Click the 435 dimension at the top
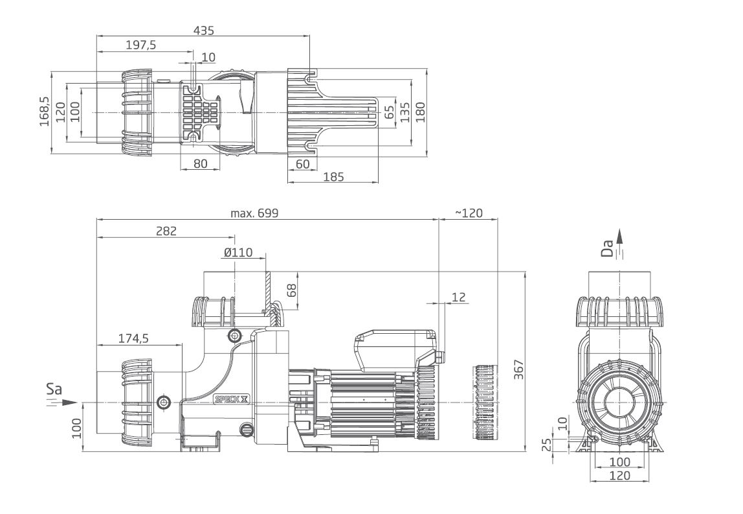[203, 30]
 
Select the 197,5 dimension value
[140, 45]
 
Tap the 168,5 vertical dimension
[45, 111]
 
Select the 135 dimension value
[405, 111]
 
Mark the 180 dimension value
[421, 111]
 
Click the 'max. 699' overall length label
[254, 213]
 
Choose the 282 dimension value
[166, 231]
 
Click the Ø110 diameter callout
[239, 252]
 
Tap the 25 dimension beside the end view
[546, 445]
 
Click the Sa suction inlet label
[54, 391]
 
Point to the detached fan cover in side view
[483, 402]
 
